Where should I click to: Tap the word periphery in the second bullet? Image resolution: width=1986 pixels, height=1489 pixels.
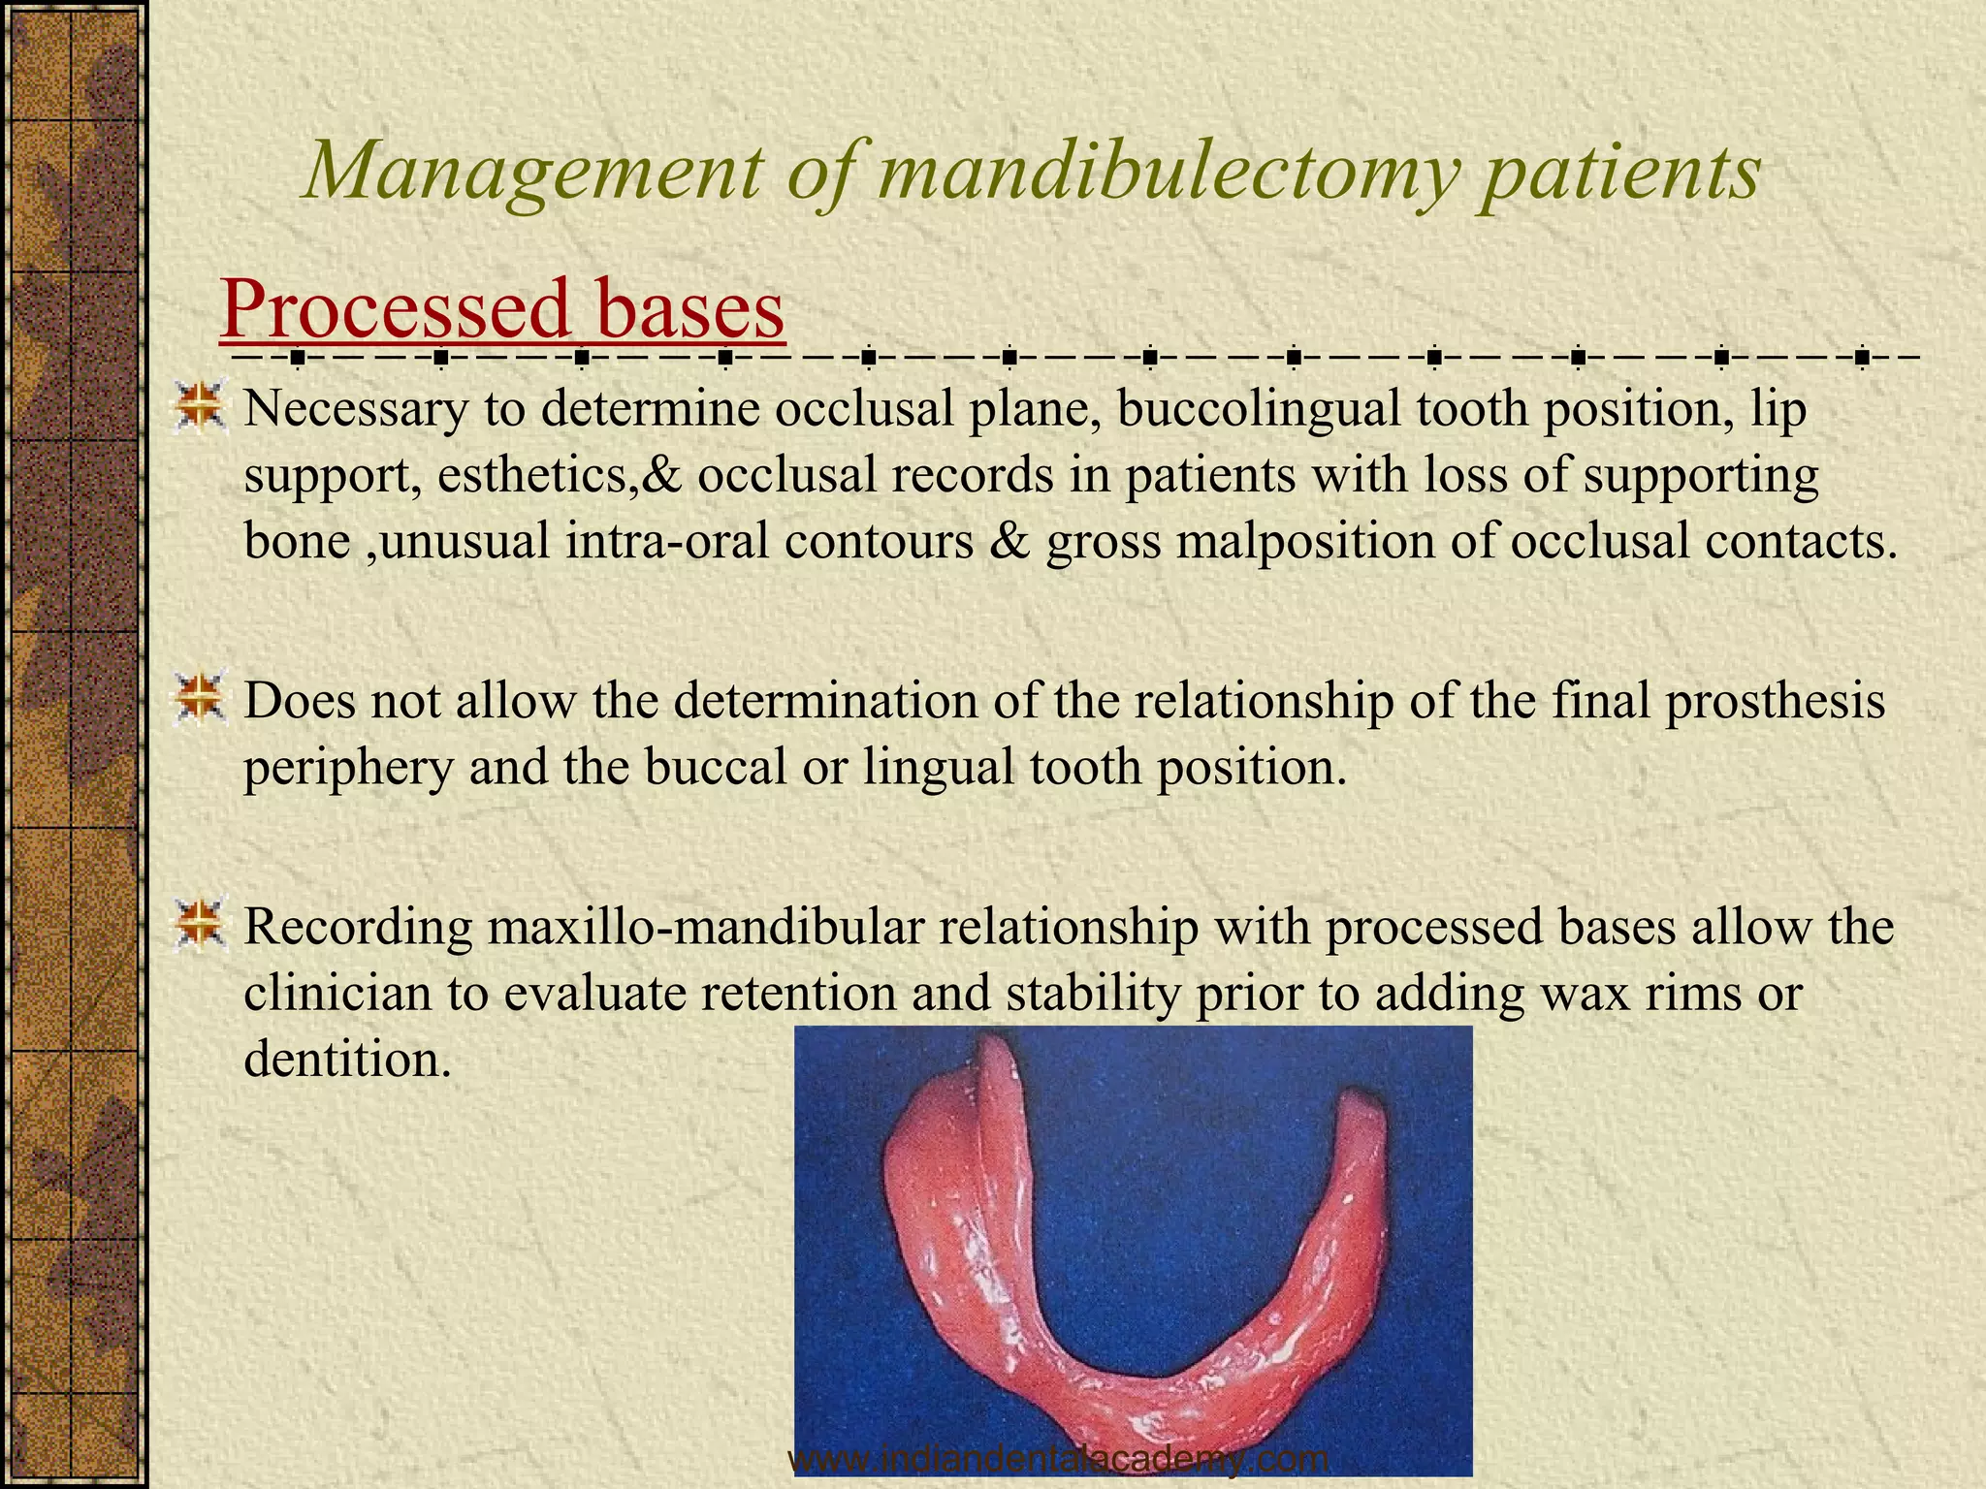[348, 768]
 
